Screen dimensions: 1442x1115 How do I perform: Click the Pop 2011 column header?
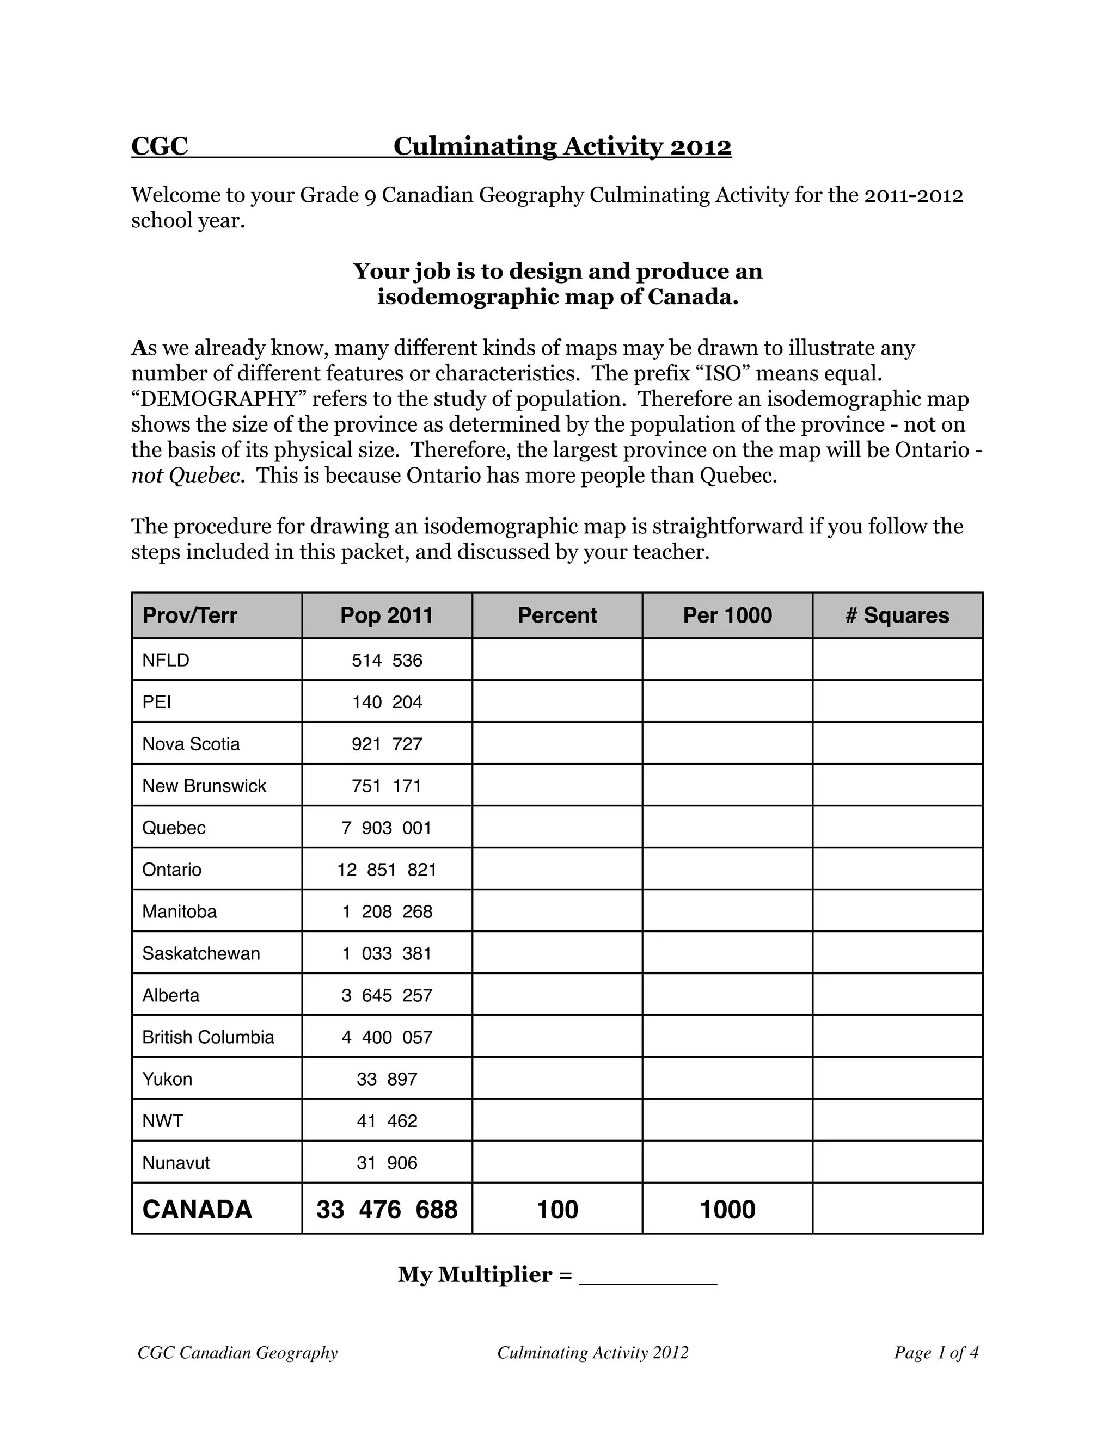[x=387, y=615]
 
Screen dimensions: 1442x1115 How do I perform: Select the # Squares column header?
[x=897, y=615]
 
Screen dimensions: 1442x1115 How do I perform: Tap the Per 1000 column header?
[x=727, y=615]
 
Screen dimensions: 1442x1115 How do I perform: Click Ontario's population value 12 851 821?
[x=387, y=870]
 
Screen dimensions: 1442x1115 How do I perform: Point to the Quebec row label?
[x=174, y=828]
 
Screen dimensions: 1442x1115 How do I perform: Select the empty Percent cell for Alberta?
[x=557, y=995]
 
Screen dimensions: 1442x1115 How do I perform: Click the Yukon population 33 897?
[x=387, y=1079]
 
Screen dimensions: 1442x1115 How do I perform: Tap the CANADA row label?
[x=197, y=1210]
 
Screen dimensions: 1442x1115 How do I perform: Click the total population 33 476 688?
[x=387, y=1210]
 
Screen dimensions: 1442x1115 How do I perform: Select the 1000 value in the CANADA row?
[x=727, y=1210]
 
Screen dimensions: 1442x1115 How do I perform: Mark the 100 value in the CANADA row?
[x=557, y=1210]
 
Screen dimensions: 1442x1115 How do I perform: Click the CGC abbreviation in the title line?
[x=160, y=146]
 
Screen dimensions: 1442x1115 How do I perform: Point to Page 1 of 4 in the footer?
[x=935, y=1353]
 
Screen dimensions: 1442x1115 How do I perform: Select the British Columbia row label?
[x=208, y=1037]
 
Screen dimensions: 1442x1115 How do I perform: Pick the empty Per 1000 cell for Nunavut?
[x=727, y=1163]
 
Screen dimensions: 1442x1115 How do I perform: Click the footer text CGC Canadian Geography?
[x=237, y=1353]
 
